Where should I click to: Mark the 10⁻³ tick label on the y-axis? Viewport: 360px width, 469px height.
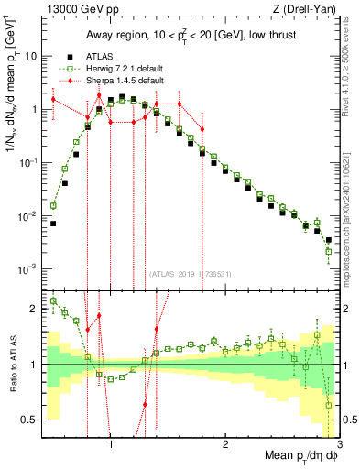[27, 269]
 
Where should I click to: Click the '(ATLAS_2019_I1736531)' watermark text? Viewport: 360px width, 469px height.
[190, 273]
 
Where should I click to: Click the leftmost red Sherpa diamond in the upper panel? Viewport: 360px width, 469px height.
[53, 99]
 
